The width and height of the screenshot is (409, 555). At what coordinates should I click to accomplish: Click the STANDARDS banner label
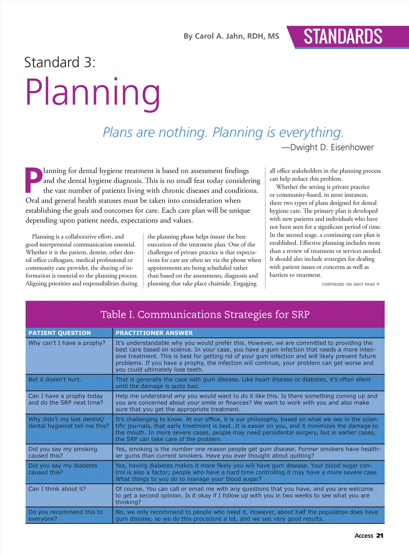pos(343,37)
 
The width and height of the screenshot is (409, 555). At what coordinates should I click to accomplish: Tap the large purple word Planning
pos(93,92)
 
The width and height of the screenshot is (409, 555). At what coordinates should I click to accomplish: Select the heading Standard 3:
pos(60,63)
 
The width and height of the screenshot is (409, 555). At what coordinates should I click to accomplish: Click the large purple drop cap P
pos(34,179)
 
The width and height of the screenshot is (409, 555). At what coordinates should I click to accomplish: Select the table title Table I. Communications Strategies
pos(205,315)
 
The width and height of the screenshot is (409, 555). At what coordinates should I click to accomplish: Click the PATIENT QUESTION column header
pos(60,333)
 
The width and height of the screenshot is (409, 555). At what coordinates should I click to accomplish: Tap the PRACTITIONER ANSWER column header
pos(154,333)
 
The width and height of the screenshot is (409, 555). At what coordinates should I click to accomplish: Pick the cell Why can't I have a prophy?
pos(67,343)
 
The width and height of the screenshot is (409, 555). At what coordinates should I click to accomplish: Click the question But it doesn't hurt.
pos(55,380)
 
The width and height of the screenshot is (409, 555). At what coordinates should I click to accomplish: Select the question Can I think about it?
pos(57,489)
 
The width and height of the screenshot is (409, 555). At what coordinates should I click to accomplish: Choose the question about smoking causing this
pos(63,452)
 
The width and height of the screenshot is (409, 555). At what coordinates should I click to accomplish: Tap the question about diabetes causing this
pos(63,469)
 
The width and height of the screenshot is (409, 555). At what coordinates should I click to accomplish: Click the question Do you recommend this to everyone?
pos(66,515)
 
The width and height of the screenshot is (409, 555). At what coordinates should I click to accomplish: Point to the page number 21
pos(380,536)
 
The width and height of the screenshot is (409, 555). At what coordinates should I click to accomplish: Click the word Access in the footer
pos(364,536)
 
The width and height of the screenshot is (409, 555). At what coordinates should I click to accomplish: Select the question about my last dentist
pos(68,423)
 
